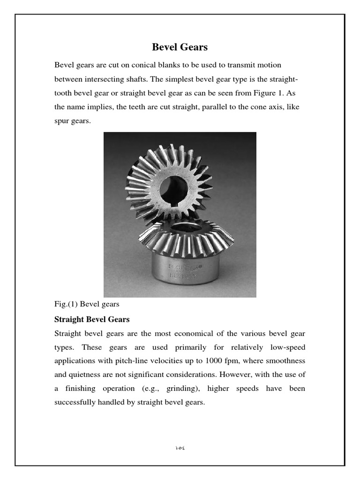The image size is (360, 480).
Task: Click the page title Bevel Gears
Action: pos(180,47)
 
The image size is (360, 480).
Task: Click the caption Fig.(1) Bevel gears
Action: pos(87,304)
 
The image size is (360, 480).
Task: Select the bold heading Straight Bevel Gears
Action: pos(92,319)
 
